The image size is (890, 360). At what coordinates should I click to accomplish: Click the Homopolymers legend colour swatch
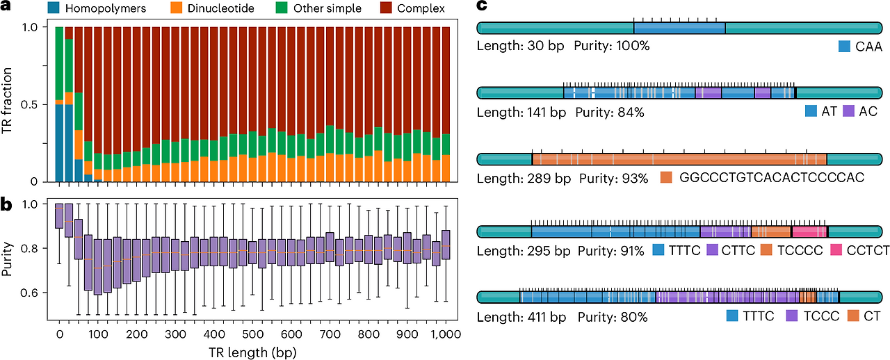[54, 8]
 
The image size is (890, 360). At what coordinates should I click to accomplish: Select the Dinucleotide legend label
[220, 8]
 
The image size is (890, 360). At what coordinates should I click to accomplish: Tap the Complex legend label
[421, 8]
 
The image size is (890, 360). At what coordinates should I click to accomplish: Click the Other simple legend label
[327, 8]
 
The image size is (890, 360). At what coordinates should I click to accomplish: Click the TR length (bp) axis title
[252, 352]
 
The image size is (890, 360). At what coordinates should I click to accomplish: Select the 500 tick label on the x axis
[252, 334]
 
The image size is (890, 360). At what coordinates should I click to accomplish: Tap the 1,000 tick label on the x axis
[446, 334]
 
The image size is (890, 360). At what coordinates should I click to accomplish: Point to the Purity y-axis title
[7, 259]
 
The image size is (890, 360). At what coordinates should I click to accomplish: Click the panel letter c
[482, 6]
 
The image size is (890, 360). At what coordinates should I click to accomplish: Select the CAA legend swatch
[844, 46]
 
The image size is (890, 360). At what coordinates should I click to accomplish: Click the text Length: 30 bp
[520, 46]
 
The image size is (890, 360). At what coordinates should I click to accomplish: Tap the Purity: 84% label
[610, 112]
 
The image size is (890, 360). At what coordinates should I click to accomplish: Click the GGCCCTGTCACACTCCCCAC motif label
[772, 177]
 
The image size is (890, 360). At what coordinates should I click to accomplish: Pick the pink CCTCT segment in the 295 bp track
[809, 231]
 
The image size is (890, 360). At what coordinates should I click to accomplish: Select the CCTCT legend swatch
[836, 250]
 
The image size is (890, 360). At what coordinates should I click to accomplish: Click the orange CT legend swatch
[853, 316]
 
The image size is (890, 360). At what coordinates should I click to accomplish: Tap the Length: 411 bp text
[521, 317]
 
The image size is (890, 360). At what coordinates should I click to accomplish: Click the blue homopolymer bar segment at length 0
[59, 143]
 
